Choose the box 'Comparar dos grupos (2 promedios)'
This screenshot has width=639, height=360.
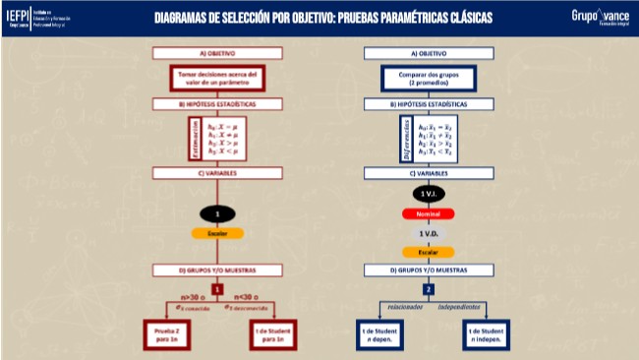(428, 78)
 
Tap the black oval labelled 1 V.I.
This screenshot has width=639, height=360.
(428, 195)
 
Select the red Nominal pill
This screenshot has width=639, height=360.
(428, 213)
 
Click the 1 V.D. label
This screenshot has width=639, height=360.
(428, 233)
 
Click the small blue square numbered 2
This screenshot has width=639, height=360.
(428, 289)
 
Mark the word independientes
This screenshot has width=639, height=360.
(464, 306)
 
